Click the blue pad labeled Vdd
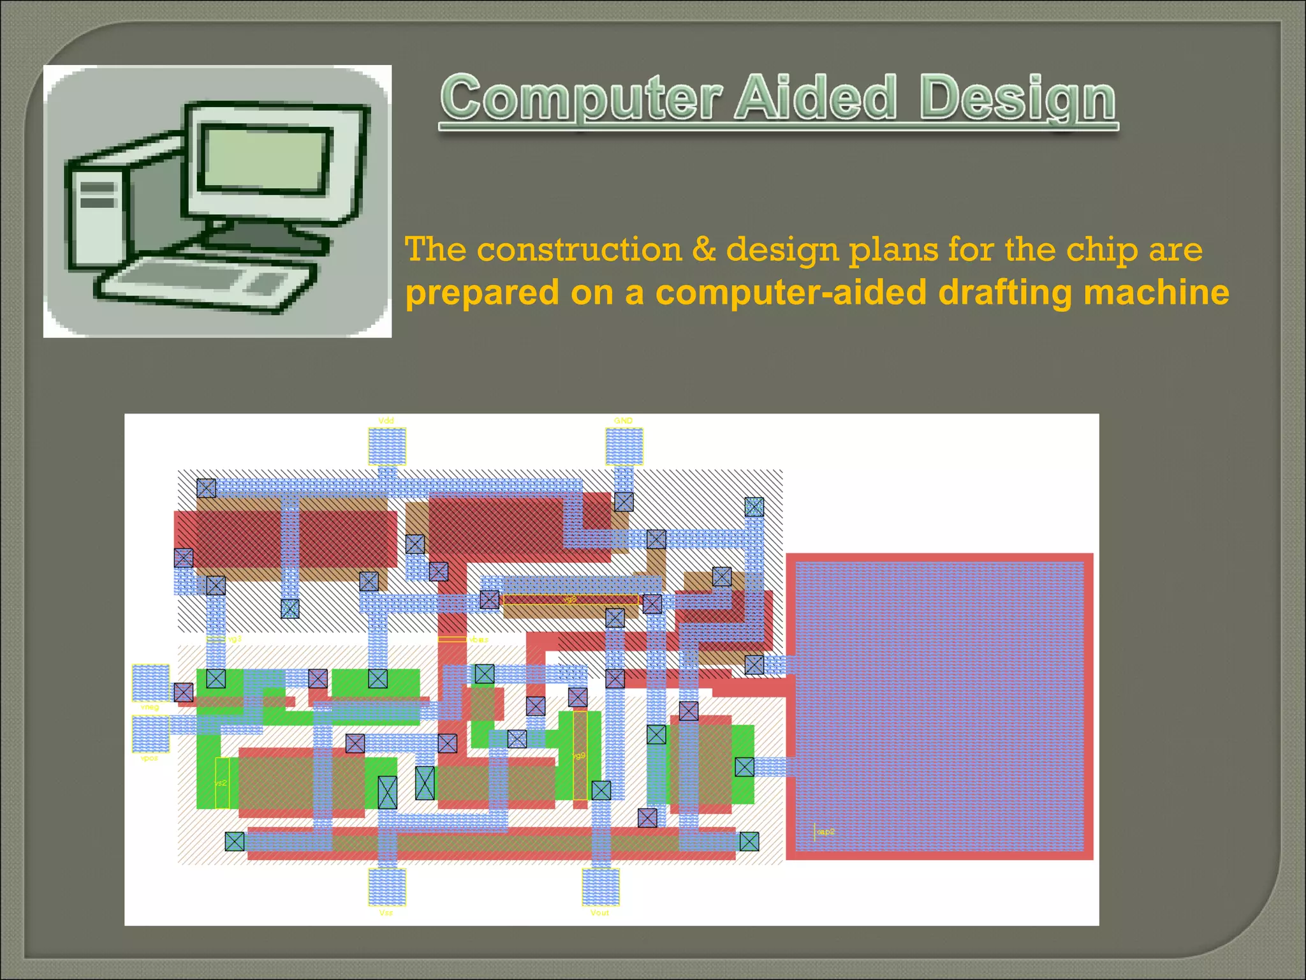click(x=387, y=446)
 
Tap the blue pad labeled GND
click(x=624, y=446)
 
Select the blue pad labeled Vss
click(x=387, y=887)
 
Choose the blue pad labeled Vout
click(x=601, y=887)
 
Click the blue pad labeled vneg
click(x=150, y=683)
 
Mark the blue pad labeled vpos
click(x=150, y=734)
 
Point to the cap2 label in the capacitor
click(x=825, y=832)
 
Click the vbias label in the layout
click(x=478, y=639)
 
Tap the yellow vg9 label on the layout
click(x=579, y=756)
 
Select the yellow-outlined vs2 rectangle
click(x=221, y=783)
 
